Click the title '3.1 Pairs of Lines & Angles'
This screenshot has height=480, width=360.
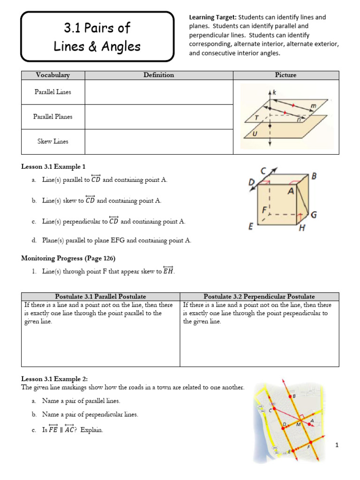pyautogui.click(x=97, y=37)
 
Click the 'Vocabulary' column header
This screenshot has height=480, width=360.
pyautogui.click(x=52, y=75)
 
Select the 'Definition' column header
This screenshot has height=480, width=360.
pyautogui.click(x=159, y=75)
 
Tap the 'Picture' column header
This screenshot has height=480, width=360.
pyautogui.click(x=285, y=75)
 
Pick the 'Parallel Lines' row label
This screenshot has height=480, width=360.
pyautogui.click(x=52, y=92)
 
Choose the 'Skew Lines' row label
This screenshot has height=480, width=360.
pyautogui.click(x=52, y=142)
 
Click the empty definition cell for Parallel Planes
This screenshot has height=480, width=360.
pyautogui.click(x=159, y=117)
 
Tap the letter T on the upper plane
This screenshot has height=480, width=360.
pyautogui.click(x=256, y=118)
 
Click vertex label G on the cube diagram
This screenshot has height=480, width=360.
pyautogui.click(x=314, y=215)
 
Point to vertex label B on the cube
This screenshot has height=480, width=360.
pyautogui.click(x=314, y=176)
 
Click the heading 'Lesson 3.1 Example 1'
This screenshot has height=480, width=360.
pyautogui.click(x=53, y=166)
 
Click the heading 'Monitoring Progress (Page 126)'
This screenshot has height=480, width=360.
pyautogui.click(x=68, y=258)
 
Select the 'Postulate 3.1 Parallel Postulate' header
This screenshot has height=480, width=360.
pyautogui.click(x=100, y=296)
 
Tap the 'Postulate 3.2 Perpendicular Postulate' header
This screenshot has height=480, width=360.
pyautogui.click(x=259, y=296)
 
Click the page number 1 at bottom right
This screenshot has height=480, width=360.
pyautogui.click(x=337, y=445)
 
